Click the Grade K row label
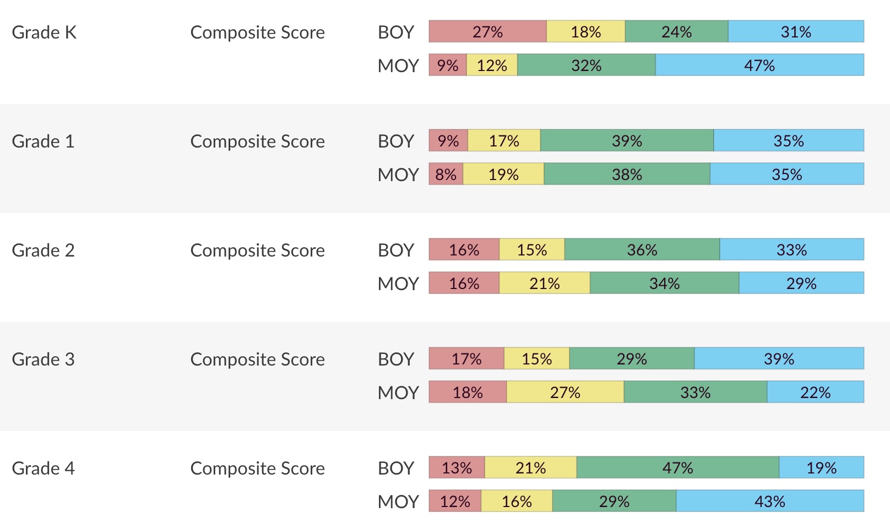point(44,32)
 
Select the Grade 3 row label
point(43,359)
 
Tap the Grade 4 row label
point(43,468)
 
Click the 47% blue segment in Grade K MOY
point(759,66)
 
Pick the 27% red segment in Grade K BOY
point(487,32)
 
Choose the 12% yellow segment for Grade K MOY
point(492,66)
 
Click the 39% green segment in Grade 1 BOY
point(627,141)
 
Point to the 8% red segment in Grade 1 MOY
point(446,175)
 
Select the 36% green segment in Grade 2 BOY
point(642,250)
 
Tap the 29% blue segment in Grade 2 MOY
point(801,284)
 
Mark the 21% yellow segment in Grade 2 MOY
point(545,284)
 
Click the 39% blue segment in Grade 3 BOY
point(779,359)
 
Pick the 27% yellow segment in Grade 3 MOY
point(565,393)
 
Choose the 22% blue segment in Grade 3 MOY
point(815,393)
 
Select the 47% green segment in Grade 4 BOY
point(677,468)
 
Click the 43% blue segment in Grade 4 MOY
point(770,502)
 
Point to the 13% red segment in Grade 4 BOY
point(457,468)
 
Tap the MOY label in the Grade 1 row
point(398,175)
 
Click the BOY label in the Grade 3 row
point(395,359)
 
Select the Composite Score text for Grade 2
point(257,250)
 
